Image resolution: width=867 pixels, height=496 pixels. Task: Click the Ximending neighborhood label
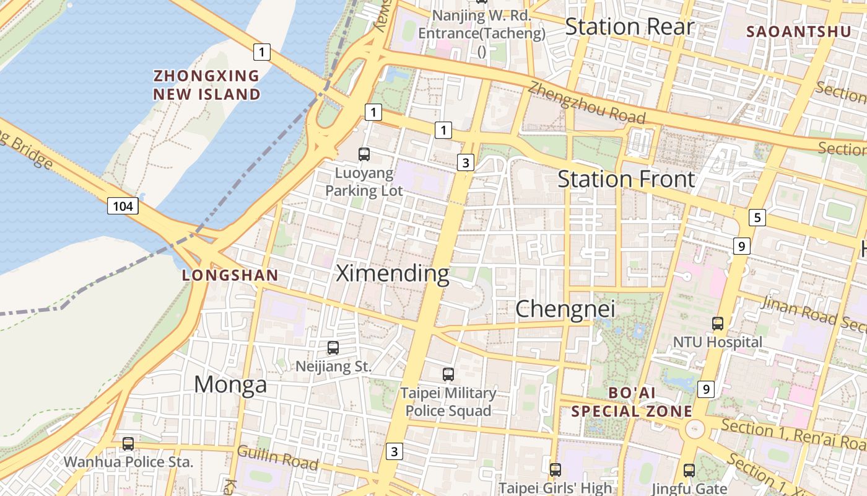[393, 273]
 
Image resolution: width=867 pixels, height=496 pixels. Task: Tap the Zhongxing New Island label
[207, 85]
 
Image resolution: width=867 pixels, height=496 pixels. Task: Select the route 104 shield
[123, 206]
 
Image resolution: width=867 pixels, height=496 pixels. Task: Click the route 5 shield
[757, 218]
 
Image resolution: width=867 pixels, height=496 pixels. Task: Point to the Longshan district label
[230, 276]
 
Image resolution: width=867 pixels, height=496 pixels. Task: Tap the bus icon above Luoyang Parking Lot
[364, 154]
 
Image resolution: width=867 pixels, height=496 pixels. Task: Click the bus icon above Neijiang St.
[333, 348]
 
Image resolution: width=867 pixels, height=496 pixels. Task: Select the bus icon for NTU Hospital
[718, 324]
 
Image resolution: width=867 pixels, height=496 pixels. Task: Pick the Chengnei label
[565, 309]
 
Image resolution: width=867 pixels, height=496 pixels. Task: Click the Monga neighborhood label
[230, 385]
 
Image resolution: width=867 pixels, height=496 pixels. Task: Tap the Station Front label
[626, 179]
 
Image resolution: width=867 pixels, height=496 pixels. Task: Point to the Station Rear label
[630, 27]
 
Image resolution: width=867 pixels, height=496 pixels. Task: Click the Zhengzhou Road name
[586, 104]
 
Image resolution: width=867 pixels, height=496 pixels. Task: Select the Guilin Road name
[278, 458]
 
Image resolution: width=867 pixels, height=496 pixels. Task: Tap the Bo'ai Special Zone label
[632, 402]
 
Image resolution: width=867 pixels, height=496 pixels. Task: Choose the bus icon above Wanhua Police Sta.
[128, 444]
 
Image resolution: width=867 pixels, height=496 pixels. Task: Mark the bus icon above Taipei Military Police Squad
[448, 374]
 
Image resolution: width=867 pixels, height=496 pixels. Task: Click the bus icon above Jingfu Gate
[689, 471]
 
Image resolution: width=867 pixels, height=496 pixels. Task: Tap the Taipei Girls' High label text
[555, 488]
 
